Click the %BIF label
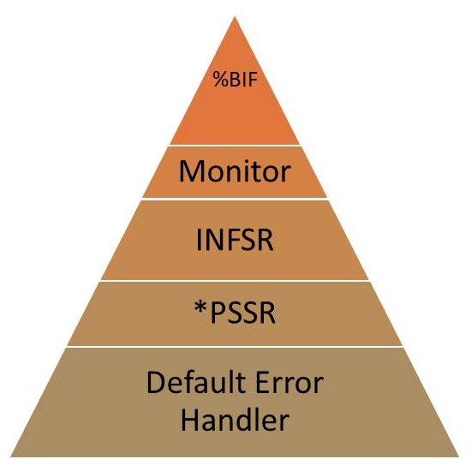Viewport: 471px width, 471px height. click(235, 80)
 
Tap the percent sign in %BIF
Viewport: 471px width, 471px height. click(221, 80)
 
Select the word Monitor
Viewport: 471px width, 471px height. click(235, 171)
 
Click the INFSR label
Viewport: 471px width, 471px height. click(235, 240)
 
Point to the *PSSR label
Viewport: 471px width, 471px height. click(235, 313)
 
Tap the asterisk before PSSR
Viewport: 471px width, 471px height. click(201, 308)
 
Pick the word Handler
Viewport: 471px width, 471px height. click(235, 419)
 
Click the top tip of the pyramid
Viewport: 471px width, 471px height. click(235, 17)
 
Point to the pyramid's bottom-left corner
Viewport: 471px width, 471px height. click(11, 457)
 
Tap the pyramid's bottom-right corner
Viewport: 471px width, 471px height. click(459, 457)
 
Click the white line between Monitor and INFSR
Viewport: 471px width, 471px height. click(235, 199)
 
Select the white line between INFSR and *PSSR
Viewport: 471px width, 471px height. click(235, 281)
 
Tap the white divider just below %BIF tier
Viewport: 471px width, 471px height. click(235, 145)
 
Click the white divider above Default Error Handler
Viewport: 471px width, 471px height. click(235, 346)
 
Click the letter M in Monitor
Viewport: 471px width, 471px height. click(191, 171)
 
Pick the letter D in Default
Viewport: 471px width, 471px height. click(155, 382)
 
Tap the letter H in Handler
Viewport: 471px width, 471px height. click(189, 419)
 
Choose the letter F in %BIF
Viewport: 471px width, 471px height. click(253, 80)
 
